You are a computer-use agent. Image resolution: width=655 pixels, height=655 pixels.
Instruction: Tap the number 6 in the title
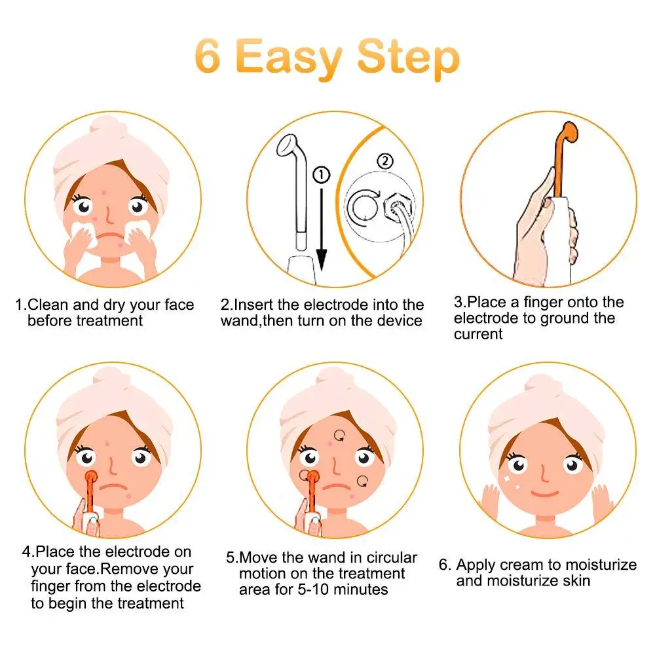tap(206, 58)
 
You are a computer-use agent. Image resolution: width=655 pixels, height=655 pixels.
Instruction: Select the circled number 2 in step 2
tap(386, 160)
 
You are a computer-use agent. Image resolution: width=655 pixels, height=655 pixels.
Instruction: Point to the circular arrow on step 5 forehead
tap(340, 434)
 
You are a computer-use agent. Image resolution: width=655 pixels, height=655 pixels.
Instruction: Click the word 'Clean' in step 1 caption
tap(48, 305)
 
